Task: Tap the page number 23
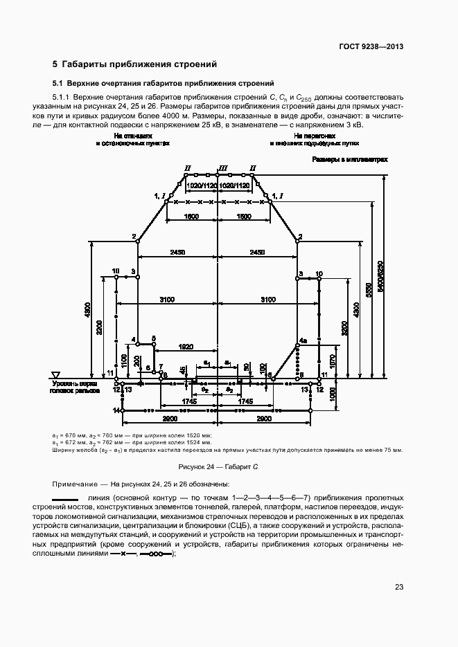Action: tap(399, 587)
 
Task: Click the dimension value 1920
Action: tap(185, 347)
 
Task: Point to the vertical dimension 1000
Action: tap(333, 396)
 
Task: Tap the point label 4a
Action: tap(302, 341)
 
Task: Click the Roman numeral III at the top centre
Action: tap(222, 168)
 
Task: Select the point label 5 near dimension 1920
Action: tap(154, 338)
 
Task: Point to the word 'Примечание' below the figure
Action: tap(73, 484)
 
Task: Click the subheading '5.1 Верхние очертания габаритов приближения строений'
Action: tap(164, 82)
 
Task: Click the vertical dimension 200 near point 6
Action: tap(136, 361)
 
